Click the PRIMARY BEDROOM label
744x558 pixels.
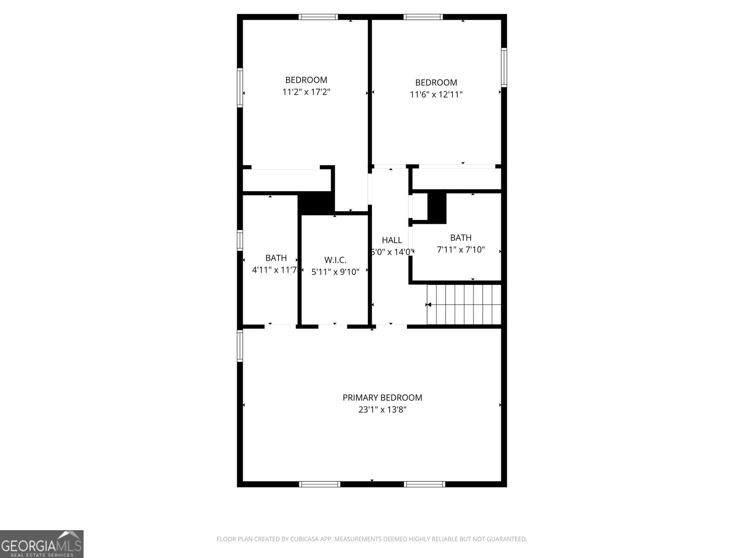(x=382, y=398)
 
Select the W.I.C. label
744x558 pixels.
(x=335, y=260)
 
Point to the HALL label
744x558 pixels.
(x=392, y=240)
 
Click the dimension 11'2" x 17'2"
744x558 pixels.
(x=306, y=92)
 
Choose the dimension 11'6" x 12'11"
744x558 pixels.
(x=436, y=95)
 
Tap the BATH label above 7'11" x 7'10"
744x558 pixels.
(x=460, y=238)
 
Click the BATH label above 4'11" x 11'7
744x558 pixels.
(x=276, y=258)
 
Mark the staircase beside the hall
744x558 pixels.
(x=464, y=305)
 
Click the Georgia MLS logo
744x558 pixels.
(x=42, y=544)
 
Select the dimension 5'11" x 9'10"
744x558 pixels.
(x=335, y=272)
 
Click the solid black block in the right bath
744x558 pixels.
(x=437, y=207)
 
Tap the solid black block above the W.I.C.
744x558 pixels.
(x=316, y=203)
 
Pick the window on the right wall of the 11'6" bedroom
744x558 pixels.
(x=504, y=67)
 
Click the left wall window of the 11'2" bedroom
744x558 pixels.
(x=240, y=88)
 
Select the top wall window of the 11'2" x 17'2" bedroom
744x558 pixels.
(x=318, y=17)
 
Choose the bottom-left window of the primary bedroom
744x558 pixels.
(x=319, y=484)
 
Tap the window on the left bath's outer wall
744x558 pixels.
(x=240, y=240)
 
